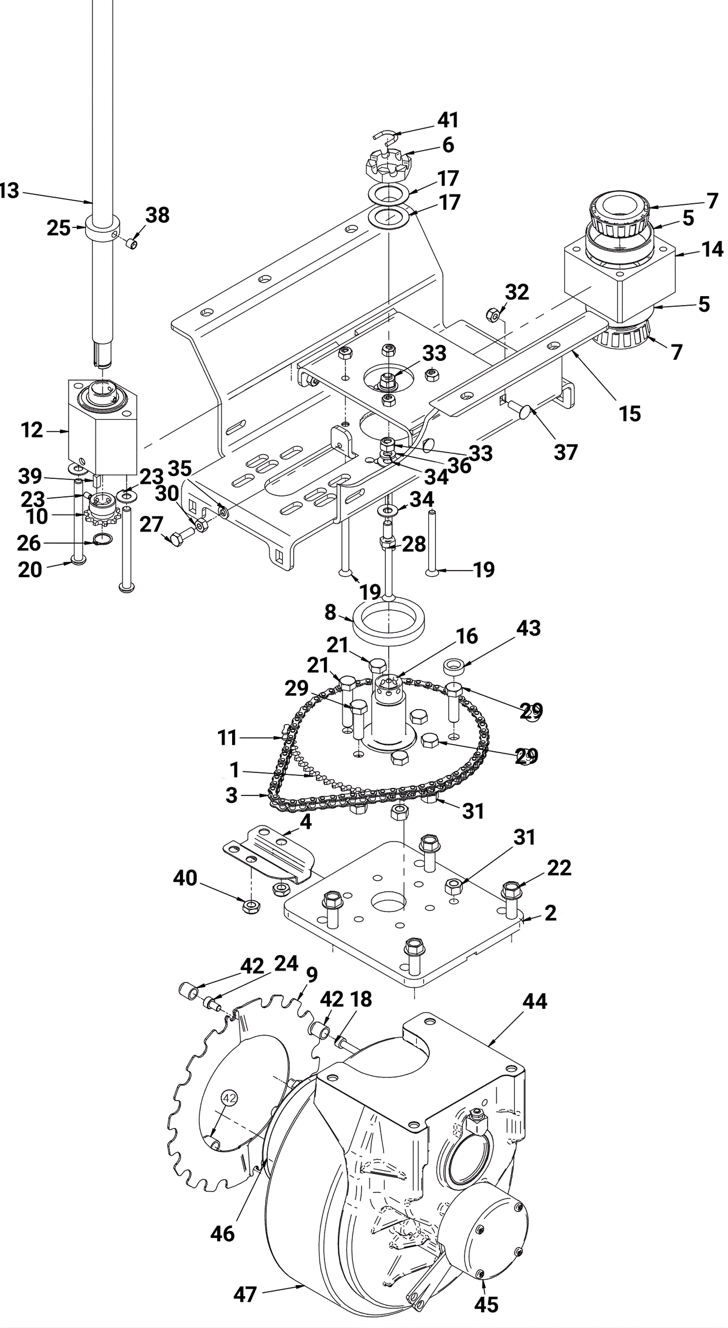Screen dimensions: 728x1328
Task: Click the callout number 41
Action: (448, 120)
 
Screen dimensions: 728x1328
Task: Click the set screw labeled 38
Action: (132, 243)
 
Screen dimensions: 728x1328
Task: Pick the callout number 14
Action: (713, 249)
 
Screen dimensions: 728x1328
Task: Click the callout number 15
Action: (630, 414)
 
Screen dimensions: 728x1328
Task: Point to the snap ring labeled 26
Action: (102, 540)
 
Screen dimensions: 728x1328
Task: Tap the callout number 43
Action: (528, 628)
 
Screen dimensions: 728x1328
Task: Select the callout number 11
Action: (227, 738)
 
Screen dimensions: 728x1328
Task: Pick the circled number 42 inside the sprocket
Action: (229, 1099)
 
